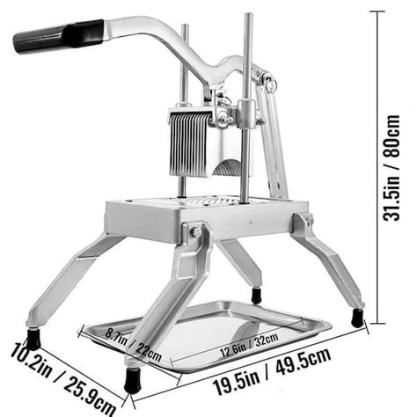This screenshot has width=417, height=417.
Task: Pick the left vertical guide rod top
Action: tap(184, 30)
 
